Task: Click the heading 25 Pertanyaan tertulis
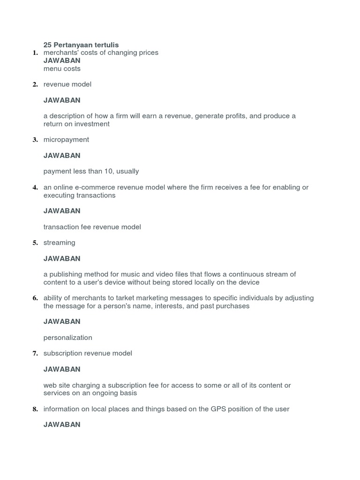(x=81, y=45)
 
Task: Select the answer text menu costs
(x=62, y=69)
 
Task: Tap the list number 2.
(x=35, y=85)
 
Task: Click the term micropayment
(x=66, y=140)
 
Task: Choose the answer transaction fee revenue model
(x=92, y=227)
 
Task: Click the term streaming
(x=59, y=243)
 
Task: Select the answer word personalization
(x=67, y=337)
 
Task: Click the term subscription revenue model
(x=88, y=353)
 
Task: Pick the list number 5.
(x=35, y=243)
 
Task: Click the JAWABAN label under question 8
(x=62, y=425)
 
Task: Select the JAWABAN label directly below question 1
(x=62, y=60)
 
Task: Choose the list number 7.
(x=35, y=354)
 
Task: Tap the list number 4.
(x=35, y=188)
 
